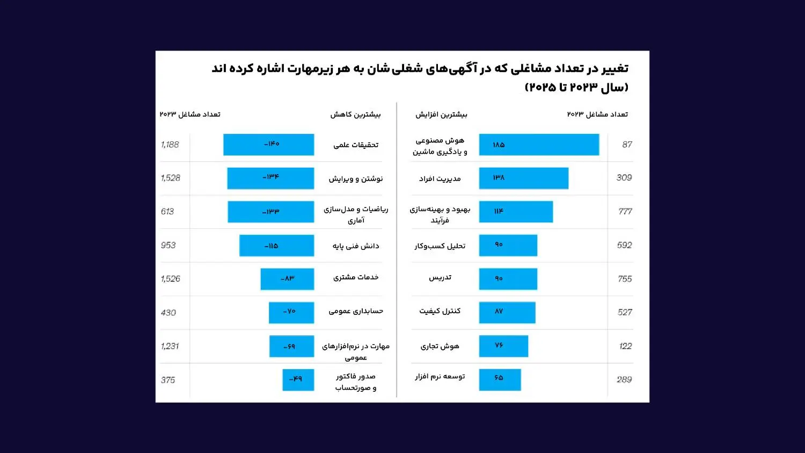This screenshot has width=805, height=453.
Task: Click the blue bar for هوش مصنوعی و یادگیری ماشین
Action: pos(539,145)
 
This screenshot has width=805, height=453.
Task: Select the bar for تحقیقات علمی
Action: pos(268,145)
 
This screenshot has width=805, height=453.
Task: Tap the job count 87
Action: pos(627,145)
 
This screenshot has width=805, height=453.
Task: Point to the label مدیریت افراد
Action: pos(440,178)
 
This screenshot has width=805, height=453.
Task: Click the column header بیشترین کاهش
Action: pos(355,114)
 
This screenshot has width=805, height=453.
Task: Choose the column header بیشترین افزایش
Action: pos(441,114)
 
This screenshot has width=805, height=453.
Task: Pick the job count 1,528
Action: pos(171,178)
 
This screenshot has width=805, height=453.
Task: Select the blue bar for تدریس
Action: pos(508,279)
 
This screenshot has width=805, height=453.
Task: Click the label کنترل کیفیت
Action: pos(440,311)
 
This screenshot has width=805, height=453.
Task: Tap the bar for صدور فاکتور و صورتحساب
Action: pos(298,380)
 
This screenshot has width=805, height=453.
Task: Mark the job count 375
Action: pos(168,380)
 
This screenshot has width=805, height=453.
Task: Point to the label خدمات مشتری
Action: pos(356,277)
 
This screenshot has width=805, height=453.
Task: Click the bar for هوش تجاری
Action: pos(503,346)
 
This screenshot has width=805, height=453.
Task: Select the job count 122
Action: pos(625,346)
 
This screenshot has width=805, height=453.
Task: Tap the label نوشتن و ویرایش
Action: pos(356,178)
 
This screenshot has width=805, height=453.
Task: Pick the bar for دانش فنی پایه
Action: pos(276,246)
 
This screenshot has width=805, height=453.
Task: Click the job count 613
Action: pos(167,212)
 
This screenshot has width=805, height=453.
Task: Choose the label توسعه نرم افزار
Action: pos(440,376)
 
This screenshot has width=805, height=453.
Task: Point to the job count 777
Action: pos(625,212)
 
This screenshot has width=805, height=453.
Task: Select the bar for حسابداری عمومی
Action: pos(291,313)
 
